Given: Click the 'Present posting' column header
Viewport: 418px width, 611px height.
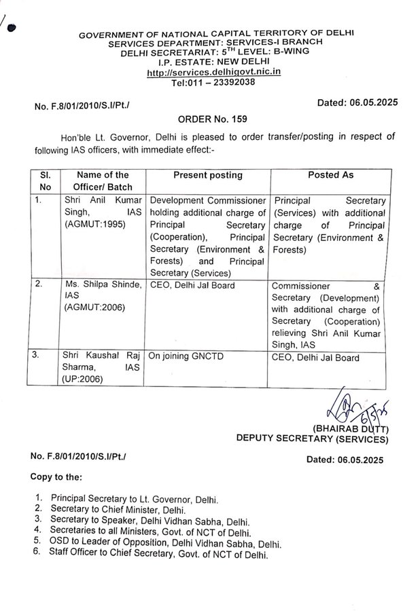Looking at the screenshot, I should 207,175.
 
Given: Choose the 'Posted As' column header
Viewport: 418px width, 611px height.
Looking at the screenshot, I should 331,175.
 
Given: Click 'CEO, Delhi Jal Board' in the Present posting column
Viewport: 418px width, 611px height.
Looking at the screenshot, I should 192,286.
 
